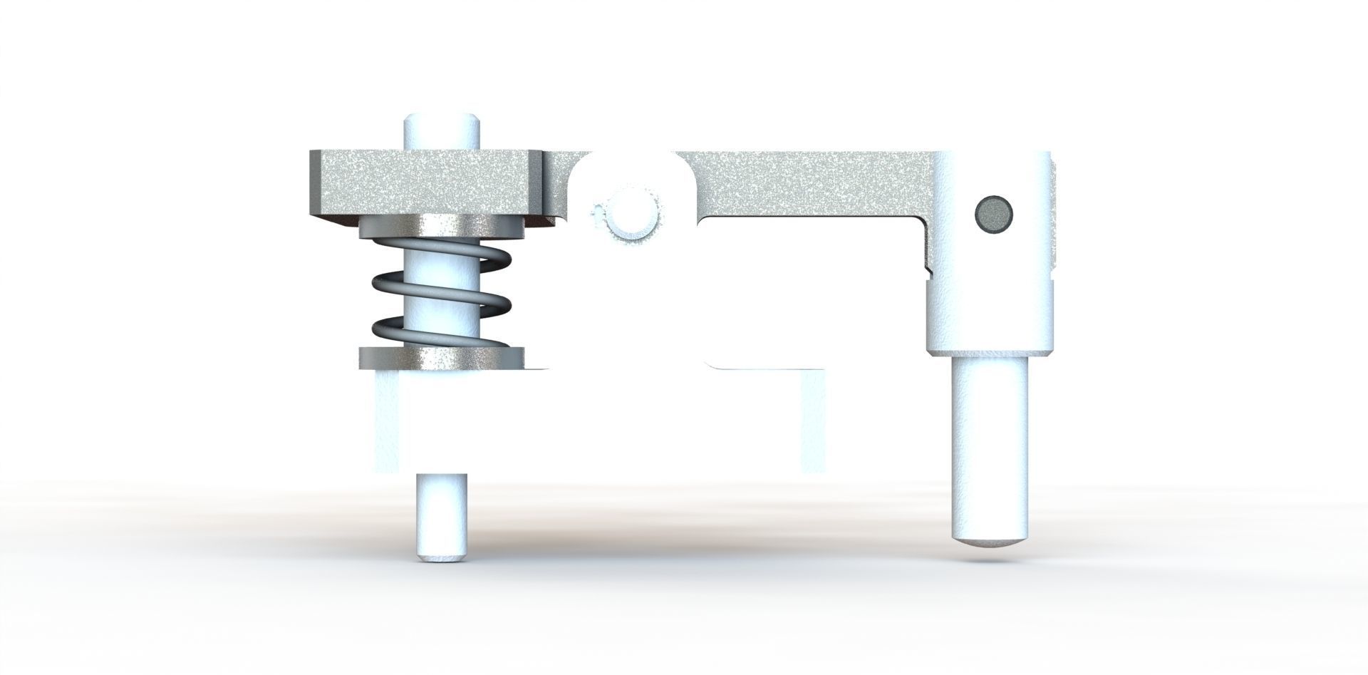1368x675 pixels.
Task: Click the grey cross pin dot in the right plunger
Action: point(993,213)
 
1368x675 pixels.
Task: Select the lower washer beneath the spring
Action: point(442,359)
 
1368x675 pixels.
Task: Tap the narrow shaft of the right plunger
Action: point(991,442)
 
